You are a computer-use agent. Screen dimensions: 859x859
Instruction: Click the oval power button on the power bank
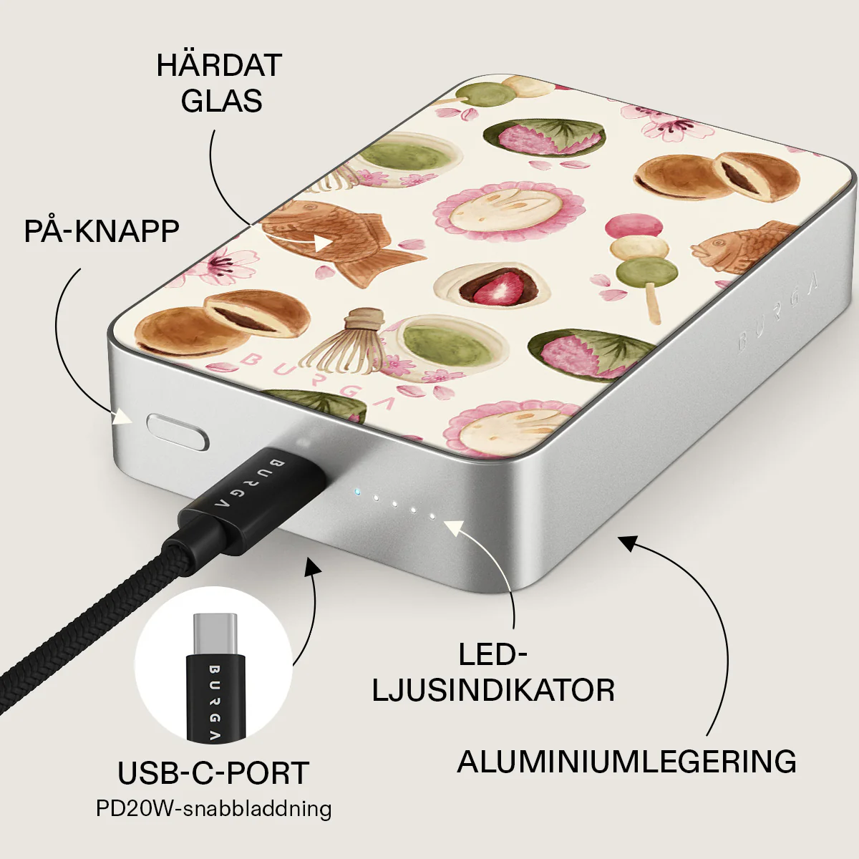tap(178, 432)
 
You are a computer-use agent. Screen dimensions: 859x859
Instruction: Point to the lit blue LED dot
tap(356, 492)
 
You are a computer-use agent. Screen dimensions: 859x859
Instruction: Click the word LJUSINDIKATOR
tap(493, 691)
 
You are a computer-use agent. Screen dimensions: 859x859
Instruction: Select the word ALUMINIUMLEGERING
tap(627, 762)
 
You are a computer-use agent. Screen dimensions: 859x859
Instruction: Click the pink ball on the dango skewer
tap(634, 227)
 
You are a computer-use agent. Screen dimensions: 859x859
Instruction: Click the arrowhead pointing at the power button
tap(122, 417)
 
